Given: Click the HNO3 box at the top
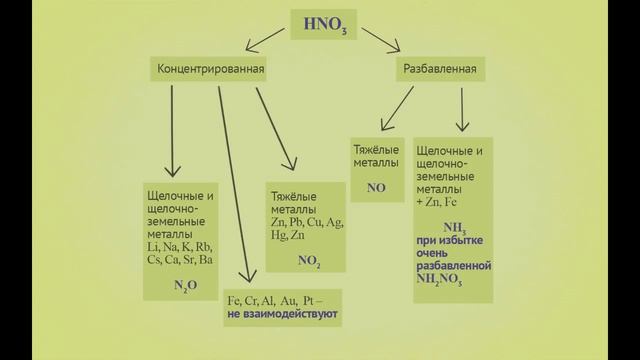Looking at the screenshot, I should [x=321, y=23].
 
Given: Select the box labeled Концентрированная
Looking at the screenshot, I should [x=209, y=70].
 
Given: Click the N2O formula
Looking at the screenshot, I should [x=180, y=284].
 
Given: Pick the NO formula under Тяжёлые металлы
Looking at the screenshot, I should [x=376, y=187].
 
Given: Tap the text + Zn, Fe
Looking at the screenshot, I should [x=441, y=202].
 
